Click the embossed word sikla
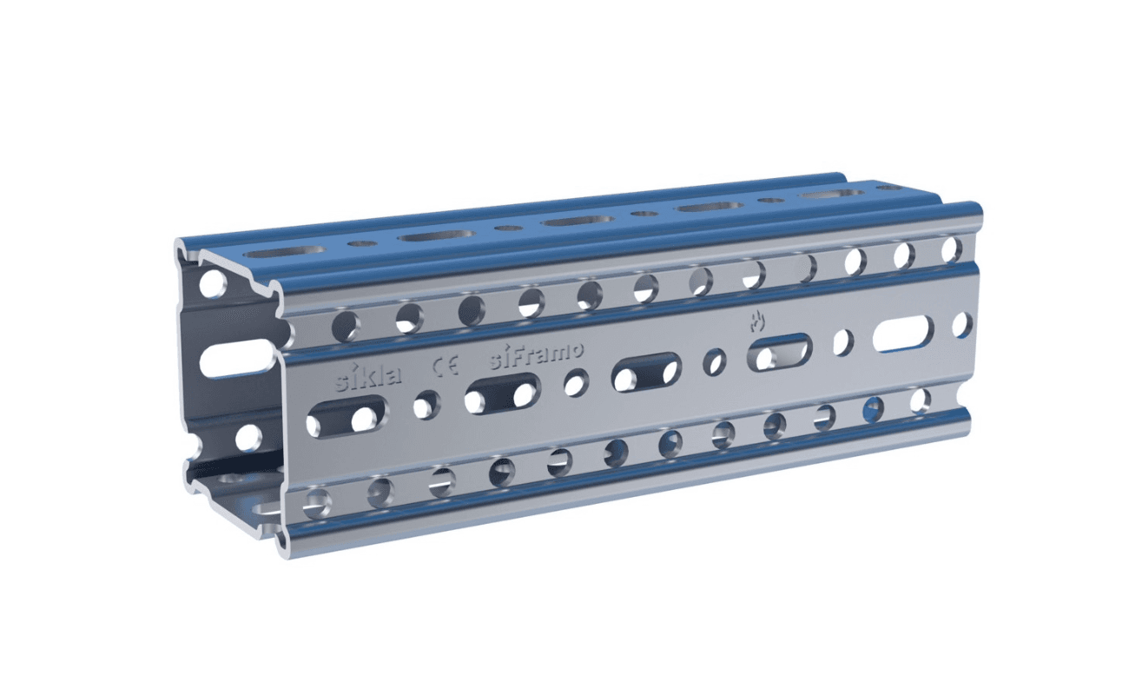click(369, 377)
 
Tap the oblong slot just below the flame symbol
click(779, 352)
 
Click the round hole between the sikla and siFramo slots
click(426, 404)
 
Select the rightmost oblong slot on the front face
click(903, 334)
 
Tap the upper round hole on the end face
click(212, 283)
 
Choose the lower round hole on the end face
click(248, 437)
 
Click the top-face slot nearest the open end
click(284, 251)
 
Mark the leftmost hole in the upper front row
click(346, 327)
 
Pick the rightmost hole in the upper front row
click(952, 249)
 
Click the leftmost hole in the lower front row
click(317, 501)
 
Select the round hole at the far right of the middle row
click(962, 324)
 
